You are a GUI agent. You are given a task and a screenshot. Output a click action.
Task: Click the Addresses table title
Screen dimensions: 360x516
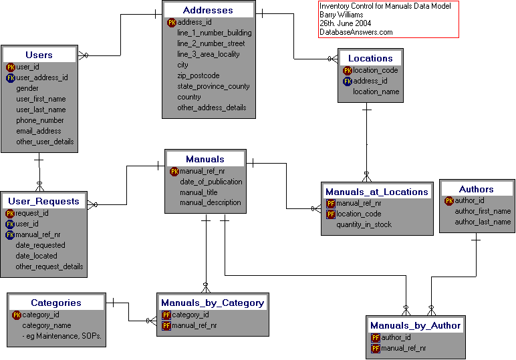(x=208, y=10)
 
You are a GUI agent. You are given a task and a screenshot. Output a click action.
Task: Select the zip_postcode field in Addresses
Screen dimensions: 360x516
(x=198, y=75)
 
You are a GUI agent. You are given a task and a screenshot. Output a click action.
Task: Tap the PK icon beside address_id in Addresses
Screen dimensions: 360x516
(x=172, y=22)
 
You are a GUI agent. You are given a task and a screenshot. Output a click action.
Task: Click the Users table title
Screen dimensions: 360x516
(x=39, y=55)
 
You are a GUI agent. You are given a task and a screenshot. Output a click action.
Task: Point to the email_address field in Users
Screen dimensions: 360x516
(x=39, y=131)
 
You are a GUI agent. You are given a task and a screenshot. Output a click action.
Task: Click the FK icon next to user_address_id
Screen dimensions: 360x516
(x=11, y=77)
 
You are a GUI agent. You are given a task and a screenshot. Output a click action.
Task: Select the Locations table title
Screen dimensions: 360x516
(x=370, y=58)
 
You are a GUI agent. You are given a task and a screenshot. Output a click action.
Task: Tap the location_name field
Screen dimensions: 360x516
(x=376, y=92)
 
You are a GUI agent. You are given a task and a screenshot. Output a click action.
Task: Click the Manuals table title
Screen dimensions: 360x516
(x=205, y=159)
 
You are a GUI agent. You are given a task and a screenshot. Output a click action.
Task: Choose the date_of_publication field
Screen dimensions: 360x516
(x=211, y=182)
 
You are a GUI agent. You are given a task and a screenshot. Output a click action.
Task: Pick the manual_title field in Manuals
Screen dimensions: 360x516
(x=199, y=192)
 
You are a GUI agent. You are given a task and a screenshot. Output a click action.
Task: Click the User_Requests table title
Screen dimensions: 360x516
(x=43, y=201)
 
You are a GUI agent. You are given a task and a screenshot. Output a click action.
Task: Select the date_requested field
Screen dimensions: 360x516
(x=41, y=245)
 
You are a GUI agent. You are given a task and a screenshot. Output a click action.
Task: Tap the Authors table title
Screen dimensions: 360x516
(x=477, y=189)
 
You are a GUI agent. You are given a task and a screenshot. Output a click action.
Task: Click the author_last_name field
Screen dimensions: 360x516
(x=483, y=222)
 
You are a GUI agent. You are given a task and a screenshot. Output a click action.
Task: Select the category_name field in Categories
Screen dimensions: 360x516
(x=47, y=325)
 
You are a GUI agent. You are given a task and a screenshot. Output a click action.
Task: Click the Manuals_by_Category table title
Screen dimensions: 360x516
(x=213, y=303)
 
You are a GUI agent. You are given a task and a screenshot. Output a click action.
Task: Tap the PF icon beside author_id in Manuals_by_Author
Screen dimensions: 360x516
(x=376, y=337)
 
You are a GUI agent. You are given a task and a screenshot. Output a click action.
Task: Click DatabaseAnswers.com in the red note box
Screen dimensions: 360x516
(x=356, y=32)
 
